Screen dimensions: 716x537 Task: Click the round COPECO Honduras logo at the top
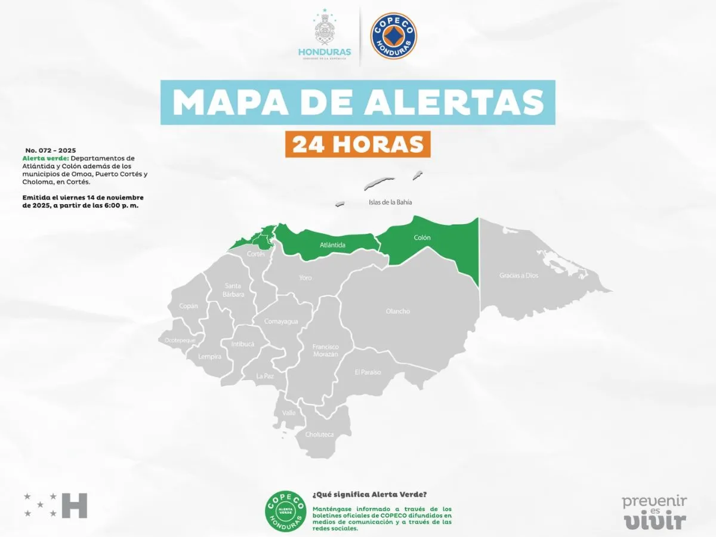coord(394,35)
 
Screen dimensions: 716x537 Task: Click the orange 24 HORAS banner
coord(357,144)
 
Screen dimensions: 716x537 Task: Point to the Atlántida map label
coord(332,245)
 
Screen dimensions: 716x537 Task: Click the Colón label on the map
coord(422,237)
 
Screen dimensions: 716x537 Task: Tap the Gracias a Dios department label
coord(519,276)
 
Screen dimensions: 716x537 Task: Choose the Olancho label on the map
coord(398,311)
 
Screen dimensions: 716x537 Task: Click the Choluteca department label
coord(320,434)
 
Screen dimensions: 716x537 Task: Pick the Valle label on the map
coord(289,413)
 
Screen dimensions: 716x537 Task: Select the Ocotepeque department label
coord(177,340)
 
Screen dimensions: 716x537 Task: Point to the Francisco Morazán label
coord(325,350)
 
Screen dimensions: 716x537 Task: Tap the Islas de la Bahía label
coord(390,202)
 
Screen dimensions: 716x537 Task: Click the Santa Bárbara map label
coord(233,289)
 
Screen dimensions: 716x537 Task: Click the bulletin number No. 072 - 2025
coord(51,150)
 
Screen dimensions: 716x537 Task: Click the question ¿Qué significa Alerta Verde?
coord(370,495)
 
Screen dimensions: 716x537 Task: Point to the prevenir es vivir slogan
coord(655,511)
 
